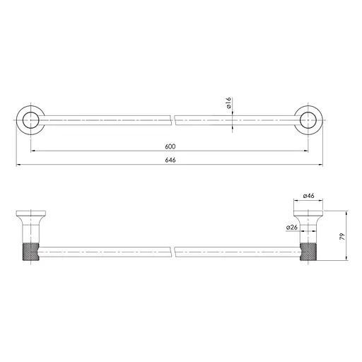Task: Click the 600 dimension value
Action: coord(170,146)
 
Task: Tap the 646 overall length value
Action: coord(170,160)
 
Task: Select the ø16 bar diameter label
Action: coord(229,106)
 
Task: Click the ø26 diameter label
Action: coord(291,227)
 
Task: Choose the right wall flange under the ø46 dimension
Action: coord(308,214)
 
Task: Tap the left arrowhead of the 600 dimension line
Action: coord(33,151)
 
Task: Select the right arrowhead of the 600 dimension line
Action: coord(306,151)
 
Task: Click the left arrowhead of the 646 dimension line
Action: coord(17,165)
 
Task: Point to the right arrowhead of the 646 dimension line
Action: coord(322,165)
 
